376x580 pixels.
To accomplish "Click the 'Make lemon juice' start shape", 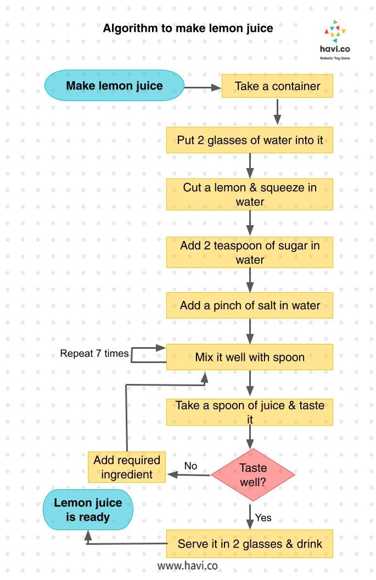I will tap(114, 86).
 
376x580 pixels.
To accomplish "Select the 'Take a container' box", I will tap(277, 86).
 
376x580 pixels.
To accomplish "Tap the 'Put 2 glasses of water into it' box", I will tap(250, 140).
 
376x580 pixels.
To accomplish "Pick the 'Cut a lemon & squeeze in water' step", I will tap(250, 194).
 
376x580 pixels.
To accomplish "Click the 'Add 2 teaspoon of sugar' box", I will tap(250, 253).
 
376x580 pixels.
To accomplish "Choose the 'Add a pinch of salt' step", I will tap(250, 305).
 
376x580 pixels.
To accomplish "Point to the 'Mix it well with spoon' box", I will tap(250, 357).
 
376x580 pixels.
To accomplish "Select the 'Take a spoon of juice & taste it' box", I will tap(250, 412).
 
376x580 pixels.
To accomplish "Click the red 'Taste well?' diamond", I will tap(253, 475).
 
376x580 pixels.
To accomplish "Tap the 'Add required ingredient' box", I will tap(127, 467).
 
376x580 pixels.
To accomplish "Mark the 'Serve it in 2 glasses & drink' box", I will tap(250, 544).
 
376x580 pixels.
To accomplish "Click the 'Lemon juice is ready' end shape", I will tap(88, 510).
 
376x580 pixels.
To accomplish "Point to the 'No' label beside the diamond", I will tap(190, 466).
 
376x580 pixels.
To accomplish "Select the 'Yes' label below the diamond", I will tap(263, 517).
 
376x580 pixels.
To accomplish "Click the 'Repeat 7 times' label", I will tap(94, 353).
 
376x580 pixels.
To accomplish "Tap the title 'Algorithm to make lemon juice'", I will tap(188, 28).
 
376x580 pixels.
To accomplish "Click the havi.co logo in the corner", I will tap(335, 38).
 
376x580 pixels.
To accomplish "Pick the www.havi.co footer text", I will tap(188, 565).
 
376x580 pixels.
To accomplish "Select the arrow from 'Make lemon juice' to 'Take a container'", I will tap(202, 86).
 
